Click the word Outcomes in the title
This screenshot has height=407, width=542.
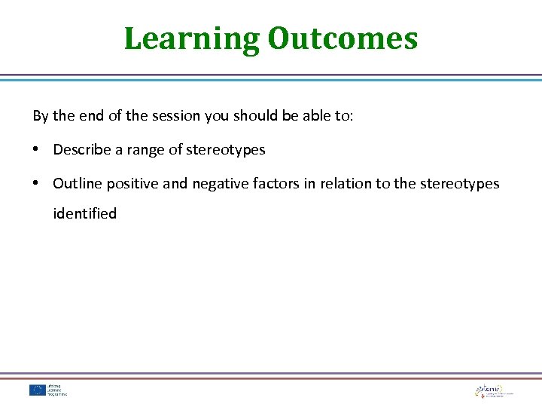click(x=342, y=38)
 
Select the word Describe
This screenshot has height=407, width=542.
click(x=79, y=150)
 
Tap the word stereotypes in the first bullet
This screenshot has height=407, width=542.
click(x=226, y=150)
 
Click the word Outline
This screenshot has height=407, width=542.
click(x=78, y=183)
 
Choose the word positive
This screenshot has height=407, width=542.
click(x=132, y=183)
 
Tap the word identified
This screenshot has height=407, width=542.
click(x=85, y=214)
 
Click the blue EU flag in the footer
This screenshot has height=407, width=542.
click(x=38, y=390)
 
